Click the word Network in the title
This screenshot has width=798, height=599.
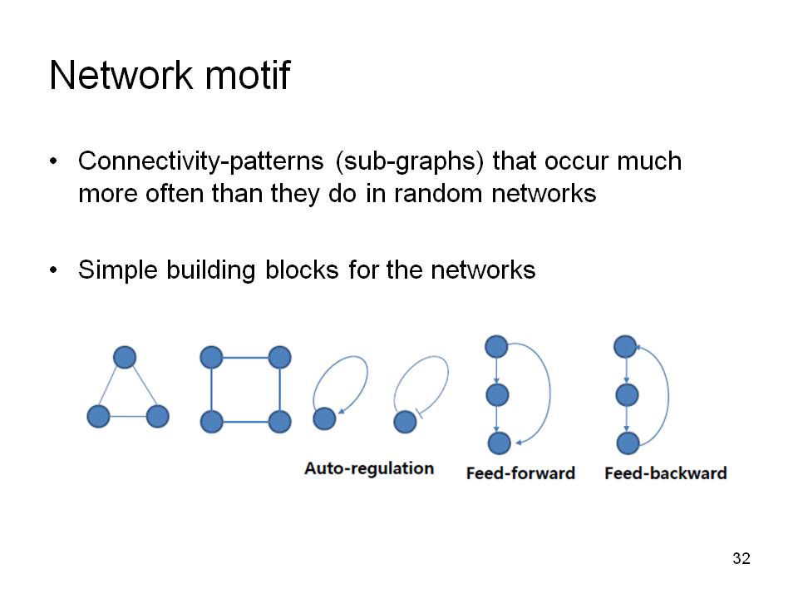point(121,75)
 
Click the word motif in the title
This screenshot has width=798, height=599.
point(248,75)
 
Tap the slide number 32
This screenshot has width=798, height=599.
point(741,558)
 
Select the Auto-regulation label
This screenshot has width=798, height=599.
point(369,468)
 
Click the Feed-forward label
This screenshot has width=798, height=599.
point(520,473)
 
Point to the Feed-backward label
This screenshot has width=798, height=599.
point(665,473)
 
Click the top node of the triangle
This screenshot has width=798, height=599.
point(125,357)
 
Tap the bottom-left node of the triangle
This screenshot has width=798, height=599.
point(98,416)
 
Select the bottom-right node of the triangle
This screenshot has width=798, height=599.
point(157,416)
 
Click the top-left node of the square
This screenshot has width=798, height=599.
point(212,357)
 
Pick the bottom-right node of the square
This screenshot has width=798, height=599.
point(279,422)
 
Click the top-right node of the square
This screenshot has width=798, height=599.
point(279,357)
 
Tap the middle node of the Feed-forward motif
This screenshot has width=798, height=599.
point(497,394)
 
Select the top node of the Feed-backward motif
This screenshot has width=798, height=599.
point(625,346)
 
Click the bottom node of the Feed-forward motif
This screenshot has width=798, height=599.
point(500,443)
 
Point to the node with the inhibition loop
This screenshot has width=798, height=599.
point(405,422)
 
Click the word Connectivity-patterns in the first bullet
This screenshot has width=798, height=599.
point(200,161)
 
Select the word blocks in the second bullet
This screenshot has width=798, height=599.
point(302,270)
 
